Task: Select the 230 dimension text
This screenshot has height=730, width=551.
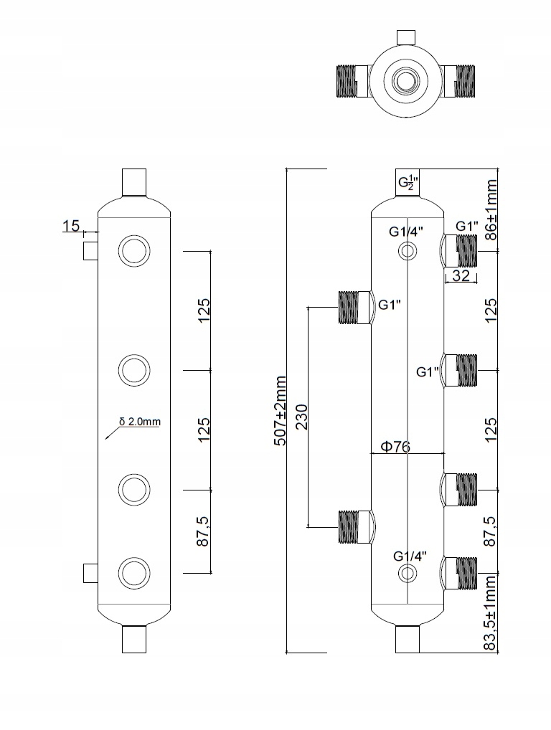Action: pos(302,416)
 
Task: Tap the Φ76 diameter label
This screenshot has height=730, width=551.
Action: pos(395,447)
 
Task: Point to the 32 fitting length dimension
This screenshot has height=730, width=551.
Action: pos(461,275)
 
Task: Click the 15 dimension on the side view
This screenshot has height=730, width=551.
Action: pos(71,226)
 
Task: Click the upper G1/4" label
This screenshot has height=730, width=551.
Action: pos(407,232)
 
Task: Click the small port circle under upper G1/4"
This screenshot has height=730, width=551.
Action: pos(408,251)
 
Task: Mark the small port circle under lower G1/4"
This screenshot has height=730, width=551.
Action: pos(408,573)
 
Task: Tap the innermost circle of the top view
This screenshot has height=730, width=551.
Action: pos(407,79)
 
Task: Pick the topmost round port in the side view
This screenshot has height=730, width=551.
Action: pos(134,251)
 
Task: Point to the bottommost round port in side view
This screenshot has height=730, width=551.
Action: pos(134,573)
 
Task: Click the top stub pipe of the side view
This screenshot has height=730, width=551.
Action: pos(134,181)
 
